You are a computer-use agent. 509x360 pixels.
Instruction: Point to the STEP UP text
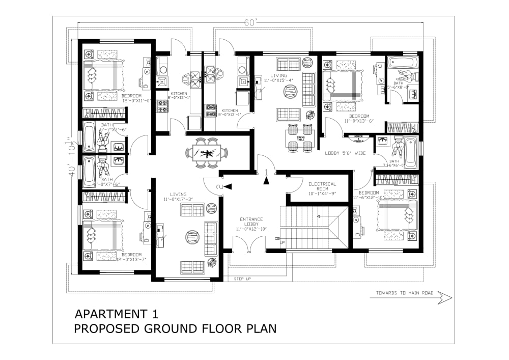click(243, 279)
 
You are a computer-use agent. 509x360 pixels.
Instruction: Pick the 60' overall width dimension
click(249, 23)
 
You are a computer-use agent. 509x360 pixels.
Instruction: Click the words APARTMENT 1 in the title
click(117, 313)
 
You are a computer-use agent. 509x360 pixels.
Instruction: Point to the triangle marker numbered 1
click(265, 179)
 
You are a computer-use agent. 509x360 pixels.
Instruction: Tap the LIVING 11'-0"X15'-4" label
click(279, 78)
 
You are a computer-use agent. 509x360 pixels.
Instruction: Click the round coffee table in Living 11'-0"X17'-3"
click(192, 237)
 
